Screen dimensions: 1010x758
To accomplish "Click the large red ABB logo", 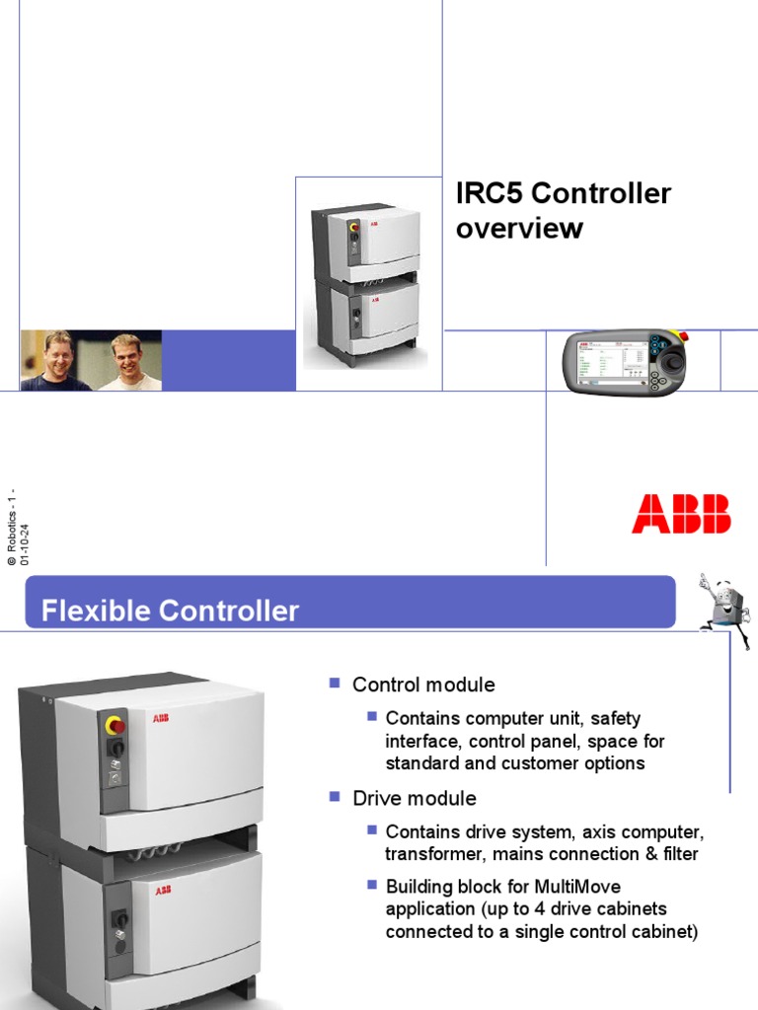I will click(681, 514).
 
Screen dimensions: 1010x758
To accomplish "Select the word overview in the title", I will click(519, 229).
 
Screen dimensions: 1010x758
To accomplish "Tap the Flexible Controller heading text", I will click(170, 612).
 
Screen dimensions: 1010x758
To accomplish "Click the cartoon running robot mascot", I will click(724, 611).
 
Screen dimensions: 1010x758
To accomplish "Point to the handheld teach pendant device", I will click(625, 362).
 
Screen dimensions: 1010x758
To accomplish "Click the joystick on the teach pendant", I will click(672, 363).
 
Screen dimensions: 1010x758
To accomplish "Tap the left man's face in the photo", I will click(58, 356).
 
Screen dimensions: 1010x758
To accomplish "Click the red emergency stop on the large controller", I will click(115, 727).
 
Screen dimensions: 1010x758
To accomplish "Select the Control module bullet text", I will click(423, 685).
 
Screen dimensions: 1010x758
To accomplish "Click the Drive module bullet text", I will click(415, 798).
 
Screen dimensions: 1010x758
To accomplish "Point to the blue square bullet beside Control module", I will click(334, 683).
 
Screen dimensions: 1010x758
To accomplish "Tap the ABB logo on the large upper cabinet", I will click(160, 717).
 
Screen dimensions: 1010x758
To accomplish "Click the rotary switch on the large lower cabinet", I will click(119, 920).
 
